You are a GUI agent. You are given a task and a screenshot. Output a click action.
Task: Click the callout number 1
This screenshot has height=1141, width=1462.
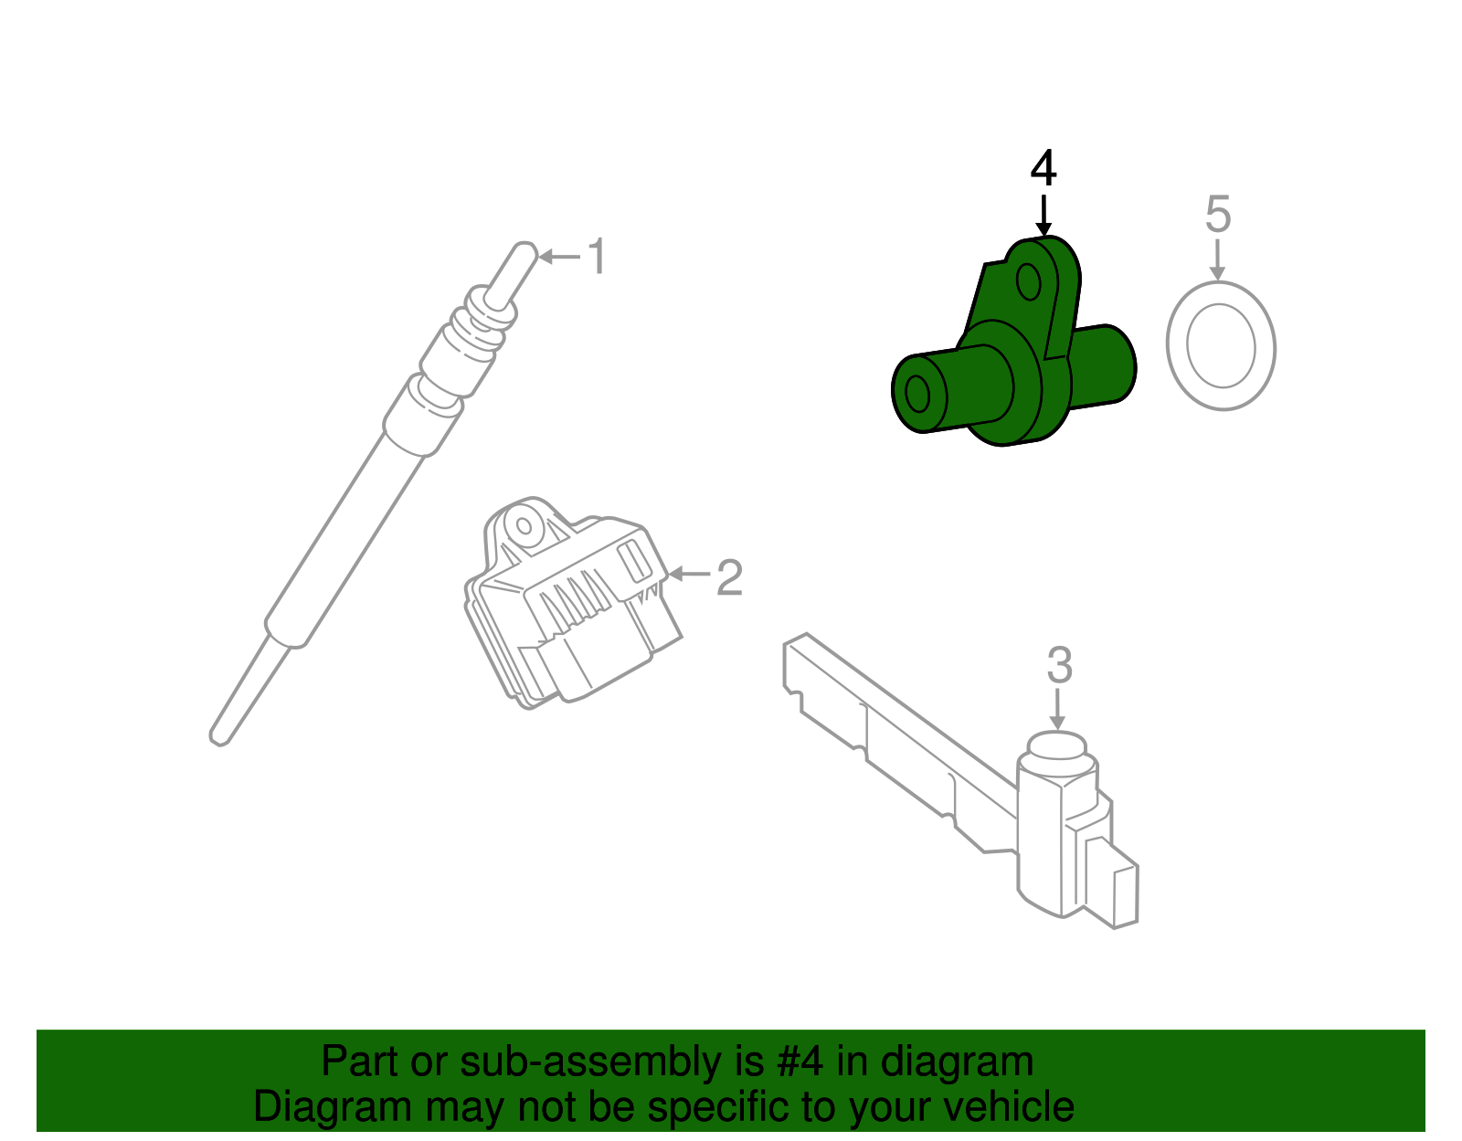click(597, 257)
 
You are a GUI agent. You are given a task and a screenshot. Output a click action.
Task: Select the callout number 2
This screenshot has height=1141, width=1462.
click(729, 577)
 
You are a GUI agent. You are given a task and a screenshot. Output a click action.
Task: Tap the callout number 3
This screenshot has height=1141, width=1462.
click(1059, 666)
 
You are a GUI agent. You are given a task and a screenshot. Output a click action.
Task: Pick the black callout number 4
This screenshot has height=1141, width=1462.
click(1044, 169)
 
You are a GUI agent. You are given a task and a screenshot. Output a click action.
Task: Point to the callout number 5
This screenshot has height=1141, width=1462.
click(1218, 214)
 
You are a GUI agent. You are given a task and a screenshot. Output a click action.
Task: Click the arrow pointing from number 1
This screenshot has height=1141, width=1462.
click(559, 257)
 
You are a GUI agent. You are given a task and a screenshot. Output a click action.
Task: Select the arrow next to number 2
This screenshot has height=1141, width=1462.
click(690, 574)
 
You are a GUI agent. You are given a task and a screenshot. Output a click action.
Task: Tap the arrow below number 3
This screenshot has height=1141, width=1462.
click(1058, 709)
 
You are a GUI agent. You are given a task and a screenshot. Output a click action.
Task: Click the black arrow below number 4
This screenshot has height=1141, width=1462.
click(1044, 214)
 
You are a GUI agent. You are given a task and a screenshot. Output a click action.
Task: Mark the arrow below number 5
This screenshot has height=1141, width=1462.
click(1216, 259)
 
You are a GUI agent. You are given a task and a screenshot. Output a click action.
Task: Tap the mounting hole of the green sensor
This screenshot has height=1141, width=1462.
click(1029, 282)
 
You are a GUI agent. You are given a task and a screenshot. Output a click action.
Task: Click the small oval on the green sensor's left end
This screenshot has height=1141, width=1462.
click(916, 395)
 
